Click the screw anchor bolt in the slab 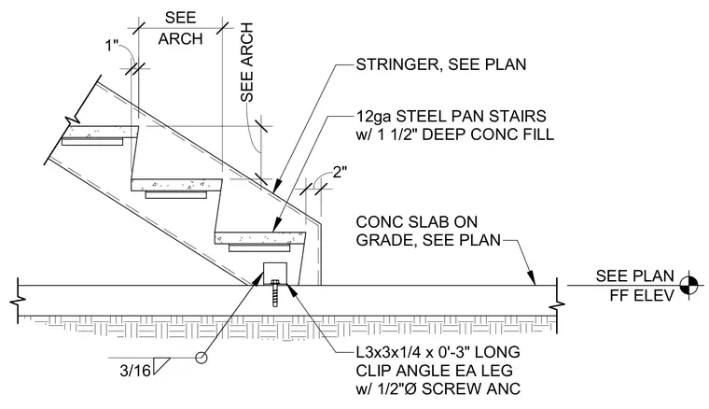tap(274, 293)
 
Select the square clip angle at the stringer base tap(274, 274)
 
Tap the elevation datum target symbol tap(688, 285)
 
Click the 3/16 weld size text tap(134, 371)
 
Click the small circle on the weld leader tap(202, 358)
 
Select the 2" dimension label tap(340, 172)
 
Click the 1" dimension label tap(112, 46)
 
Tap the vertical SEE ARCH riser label tap(247, 63)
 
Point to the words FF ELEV tap(642, 295)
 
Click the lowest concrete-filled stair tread tap(260, 238)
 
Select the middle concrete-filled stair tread tap(177, 185)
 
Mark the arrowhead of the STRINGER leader tap(277, 185)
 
